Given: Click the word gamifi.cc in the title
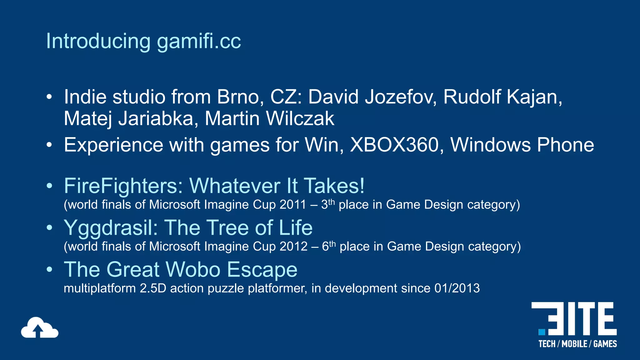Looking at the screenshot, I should [199, 42].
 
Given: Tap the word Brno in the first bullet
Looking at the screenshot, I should [238, 97].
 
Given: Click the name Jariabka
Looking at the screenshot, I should [158, 119].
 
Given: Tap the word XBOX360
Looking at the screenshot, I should [394, 145].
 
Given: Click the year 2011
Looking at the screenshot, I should [292, 205].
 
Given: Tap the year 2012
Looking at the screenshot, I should [293, 247].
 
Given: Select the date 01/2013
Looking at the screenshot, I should [457, 288].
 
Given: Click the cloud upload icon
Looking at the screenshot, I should [39, 328].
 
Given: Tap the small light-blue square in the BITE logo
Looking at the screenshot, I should [542, 332].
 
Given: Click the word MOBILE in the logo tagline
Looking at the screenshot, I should [574, 344].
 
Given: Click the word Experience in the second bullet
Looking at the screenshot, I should [113, 145].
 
